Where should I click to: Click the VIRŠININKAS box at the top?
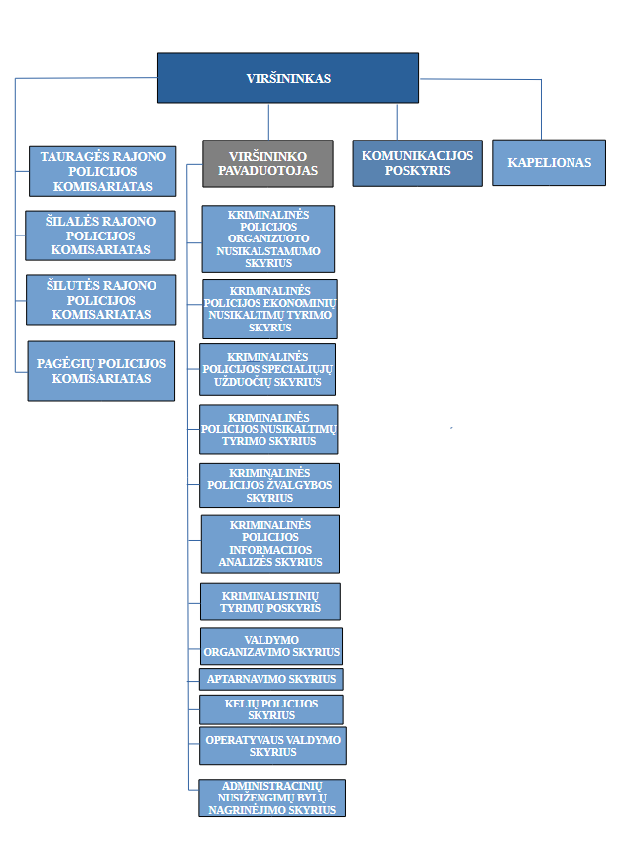tap(288, 78)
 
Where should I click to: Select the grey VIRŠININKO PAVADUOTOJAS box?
tap(268, 164)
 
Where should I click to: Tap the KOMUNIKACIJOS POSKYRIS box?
tap(417, 163)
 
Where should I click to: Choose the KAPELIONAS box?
tap(549, 163)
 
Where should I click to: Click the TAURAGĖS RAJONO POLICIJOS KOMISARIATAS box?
tap(102, 171)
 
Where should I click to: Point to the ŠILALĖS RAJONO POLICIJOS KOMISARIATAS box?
tap(100, 236)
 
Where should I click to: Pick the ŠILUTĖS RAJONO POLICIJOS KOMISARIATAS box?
tap(101, 300)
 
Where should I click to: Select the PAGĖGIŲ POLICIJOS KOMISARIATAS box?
tap(101, 371)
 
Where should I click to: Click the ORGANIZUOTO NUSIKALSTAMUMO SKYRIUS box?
tap(268, 239)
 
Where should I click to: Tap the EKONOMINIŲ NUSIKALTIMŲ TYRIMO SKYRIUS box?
tap(269, 310)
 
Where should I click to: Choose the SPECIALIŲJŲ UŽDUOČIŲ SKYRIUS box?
tap(267, 369)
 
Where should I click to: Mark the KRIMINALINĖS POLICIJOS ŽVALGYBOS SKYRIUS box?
tap(269, 485)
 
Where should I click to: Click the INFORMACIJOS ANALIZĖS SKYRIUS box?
tap(270, 543)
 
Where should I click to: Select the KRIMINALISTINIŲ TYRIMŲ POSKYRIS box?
tap(270, 602)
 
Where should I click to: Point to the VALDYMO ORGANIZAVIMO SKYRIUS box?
tap(271, 646)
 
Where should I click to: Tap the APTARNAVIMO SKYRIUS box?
tap(271, 679)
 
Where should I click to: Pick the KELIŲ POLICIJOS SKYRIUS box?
tap(271, 709)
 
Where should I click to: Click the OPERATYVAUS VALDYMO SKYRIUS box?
tap(272, 746)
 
